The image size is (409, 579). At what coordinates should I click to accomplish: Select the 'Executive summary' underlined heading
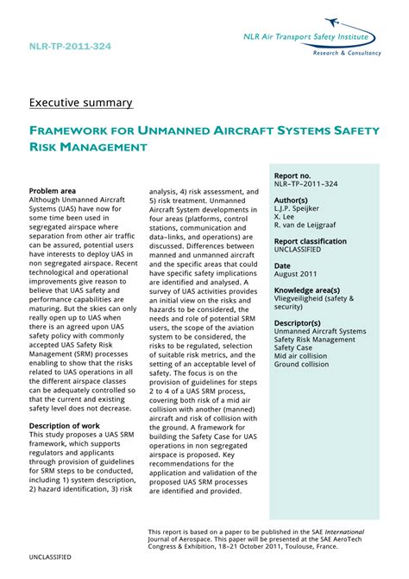81,103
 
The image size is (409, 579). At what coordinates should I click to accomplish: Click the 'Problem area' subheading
53,191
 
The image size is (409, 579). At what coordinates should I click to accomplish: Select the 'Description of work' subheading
66,426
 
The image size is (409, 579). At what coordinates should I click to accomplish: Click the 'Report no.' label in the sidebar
293,175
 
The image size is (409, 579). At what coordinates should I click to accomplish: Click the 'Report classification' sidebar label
311,242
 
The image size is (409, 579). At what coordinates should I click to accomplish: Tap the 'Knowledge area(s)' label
306,291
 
